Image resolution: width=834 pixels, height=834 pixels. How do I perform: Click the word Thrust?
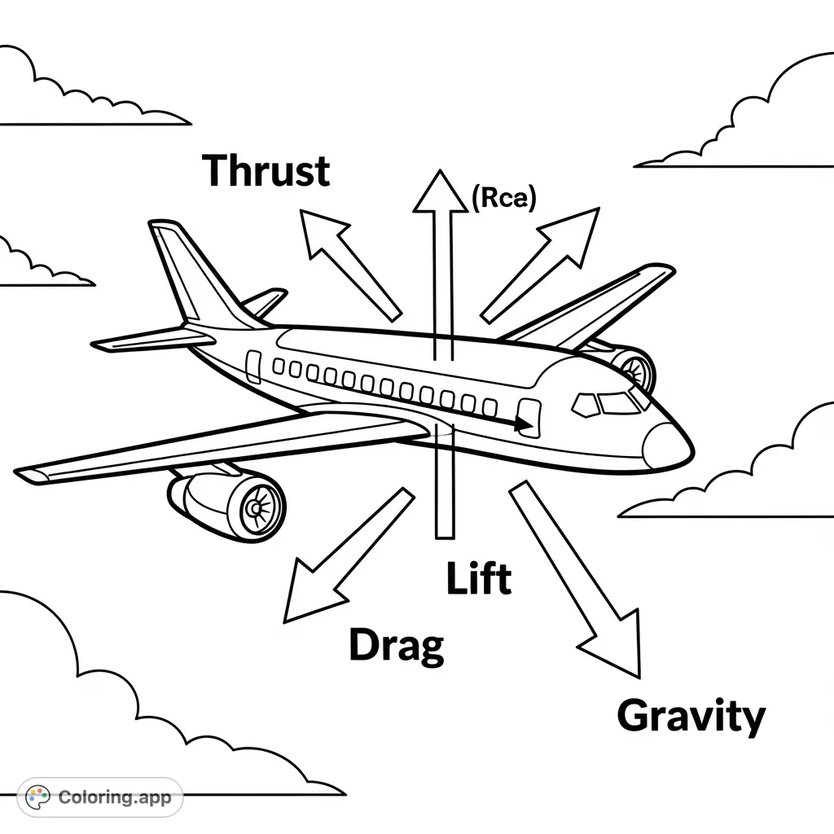coord(266,172)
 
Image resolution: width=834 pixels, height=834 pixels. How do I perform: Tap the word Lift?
coord(479,578)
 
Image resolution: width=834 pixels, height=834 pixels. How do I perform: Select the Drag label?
coord(397,645)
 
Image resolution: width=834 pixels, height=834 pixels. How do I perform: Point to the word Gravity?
coord(691,717)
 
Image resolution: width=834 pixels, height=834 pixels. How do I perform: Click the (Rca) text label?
coord(503,200)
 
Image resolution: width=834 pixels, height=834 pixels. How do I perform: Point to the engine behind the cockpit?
coord(631,368)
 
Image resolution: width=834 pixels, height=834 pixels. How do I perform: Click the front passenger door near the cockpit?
coord(529,418)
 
